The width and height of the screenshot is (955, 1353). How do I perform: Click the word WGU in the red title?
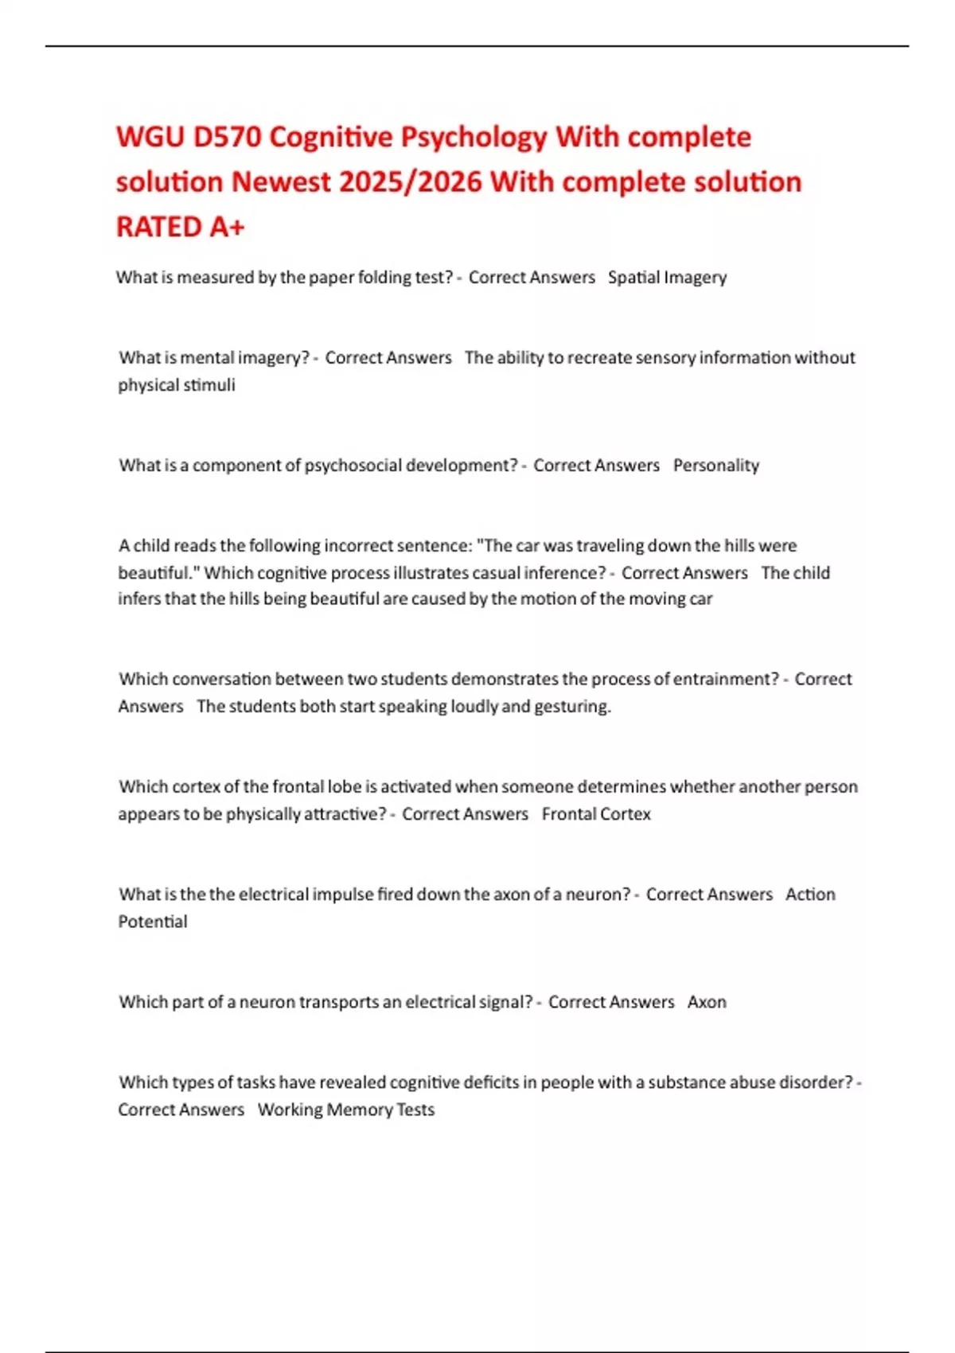click(x=149, y=138)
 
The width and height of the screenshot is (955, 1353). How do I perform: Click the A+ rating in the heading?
click(x=228, y=228)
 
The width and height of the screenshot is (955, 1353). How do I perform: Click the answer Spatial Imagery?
click(x=667, y=278)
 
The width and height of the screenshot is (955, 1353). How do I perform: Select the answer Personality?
click(x=715, y=466)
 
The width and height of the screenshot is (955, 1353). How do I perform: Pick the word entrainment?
click(x=726, y=680)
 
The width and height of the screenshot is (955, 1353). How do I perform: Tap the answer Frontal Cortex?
click(x=596, y=814)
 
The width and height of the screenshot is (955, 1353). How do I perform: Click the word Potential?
click(x=153, y=922)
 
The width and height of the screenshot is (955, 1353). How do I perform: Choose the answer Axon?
click(x=707, y=1002)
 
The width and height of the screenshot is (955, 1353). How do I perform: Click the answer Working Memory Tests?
click(x=345, y=1109)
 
